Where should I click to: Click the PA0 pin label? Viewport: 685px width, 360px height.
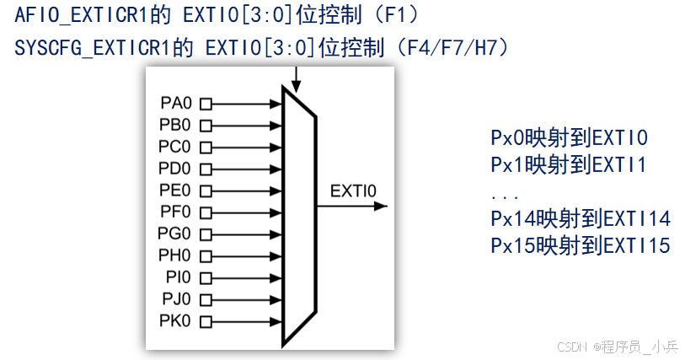tap(175, 105)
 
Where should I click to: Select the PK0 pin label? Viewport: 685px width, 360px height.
tap(175, 320)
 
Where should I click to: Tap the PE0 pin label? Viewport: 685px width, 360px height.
tap(175, 190)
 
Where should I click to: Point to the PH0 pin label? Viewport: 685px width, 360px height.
tap(175, 255)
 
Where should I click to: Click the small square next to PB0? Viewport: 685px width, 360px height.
tap(205, 126)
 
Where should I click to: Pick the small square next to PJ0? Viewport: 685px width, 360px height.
tap(205, 298)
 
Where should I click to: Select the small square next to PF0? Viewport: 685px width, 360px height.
tap(205, 212)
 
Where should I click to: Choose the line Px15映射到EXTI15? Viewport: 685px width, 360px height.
tap(580, 246)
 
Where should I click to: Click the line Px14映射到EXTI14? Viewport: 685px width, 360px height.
tap(580, 219)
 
